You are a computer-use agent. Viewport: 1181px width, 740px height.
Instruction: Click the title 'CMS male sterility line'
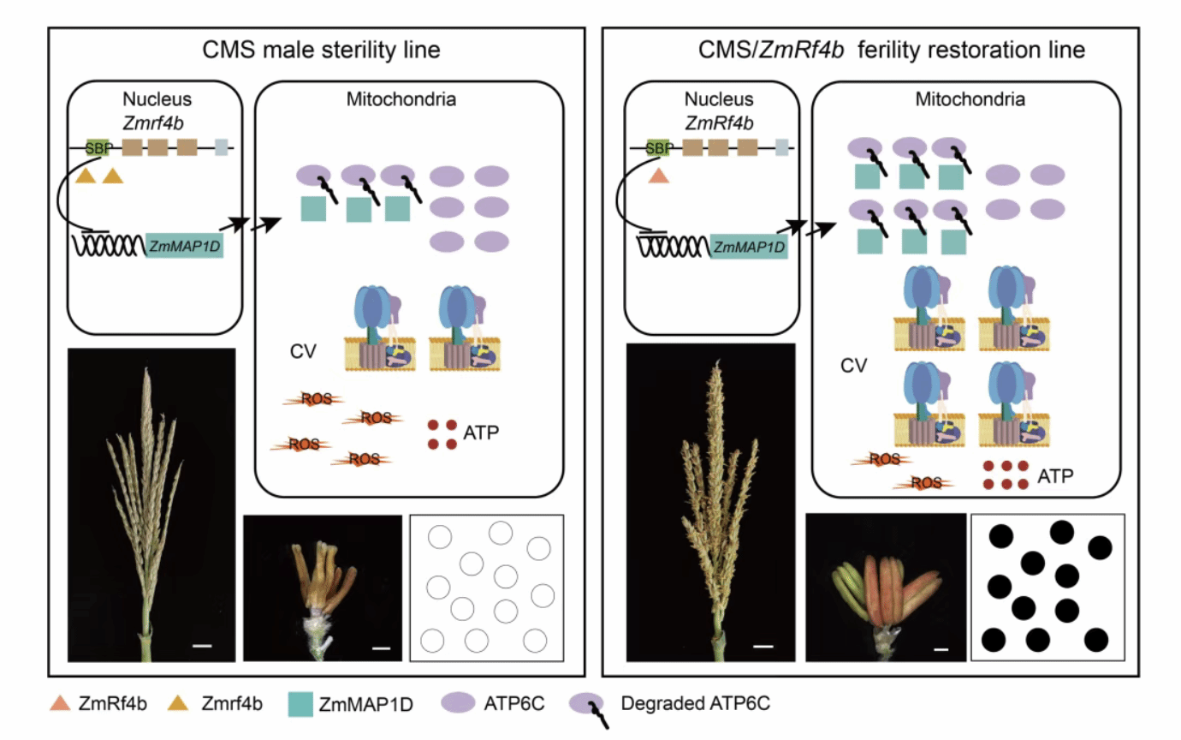pos(321,51)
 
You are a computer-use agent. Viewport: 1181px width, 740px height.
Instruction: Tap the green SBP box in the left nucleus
pos(98,148)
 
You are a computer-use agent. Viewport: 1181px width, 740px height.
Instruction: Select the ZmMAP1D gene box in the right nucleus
pos(749,247)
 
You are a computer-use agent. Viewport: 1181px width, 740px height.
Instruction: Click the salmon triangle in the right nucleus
pos(658,176)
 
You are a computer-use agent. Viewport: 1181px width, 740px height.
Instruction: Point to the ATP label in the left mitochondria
pos(481,433)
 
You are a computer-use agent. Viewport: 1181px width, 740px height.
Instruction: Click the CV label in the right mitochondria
pos(853,365)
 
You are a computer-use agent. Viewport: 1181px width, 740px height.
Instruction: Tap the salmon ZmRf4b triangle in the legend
pos(60,703)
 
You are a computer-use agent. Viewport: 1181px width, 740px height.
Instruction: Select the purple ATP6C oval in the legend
pos(458,702)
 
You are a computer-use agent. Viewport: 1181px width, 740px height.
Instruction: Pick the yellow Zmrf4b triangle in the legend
pos(178,703)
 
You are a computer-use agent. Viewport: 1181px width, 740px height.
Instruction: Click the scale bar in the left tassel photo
pos(202,646)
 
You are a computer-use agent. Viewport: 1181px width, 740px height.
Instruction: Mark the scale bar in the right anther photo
pos(941,650)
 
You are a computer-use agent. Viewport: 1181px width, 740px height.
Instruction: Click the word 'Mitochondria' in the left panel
pos(401,99)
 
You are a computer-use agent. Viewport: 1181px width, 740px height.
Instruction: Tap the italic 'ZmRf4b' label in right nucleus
pos(719,123)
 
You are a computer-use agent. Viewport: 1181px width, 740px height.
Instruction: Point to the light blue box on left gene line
pos(222,147)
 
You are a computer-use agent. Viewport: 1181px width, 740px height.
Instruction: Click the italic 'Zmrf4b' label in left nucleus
pos(153,123)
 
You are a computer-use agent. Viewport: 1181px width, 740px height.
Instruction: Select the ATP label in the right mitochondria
pos(1055,476)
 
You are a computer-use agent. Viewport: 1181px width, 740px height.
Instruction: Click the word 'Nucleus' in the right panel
pos(719,99)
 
